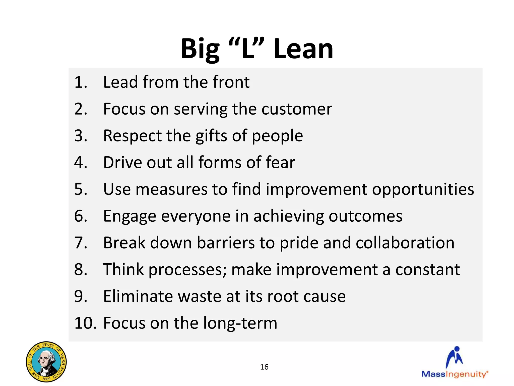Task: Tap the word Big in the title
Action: (x=200, y=49)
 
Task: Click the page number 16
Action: (x=264, y=367)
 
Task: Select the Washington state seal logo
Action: (x=46, y=362)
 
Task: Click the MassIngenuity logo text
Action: (x=455, y=374)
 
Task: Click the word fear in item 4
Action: (x=280, y=162)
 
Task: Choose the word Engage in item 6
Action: (x=130, y=216)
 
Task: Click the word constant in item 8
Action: (x=427, y=270)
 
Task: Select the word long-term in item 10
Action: (x=240, y=323)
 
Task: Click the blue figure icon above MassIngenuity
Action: (x=455, y=357)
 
